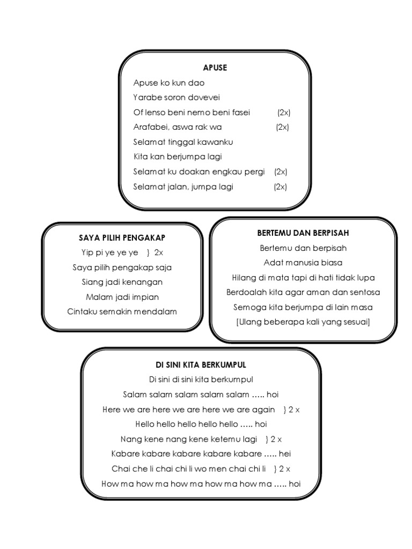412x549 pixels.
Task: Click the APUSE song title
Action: click(x=215, y=68)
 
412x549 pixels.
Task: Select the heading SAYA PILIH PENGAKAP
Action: click(x=122, y=238)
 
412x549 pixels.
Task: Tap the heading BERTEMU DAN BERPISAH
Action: click(x=303, y=233)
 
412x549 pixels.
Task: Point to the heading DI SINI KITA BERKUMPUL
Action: click(x=201, y=365)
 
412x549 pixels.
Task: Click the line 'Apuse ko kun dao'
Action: click(x=169, y=83)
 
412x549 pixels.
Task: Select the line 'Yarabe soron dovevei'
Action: click(x=176, y=98)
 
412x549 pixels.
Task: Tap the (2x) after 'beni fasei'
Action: click(x=284, y=113)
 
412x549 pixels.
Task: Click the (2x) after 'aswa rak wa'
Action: click(x=283, y=127)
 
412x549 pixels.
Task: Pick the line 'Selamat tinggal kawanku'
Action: click(x=183, y=142)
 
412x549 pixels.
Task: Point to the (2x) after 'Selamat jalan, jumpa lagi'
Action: click(x=280, y=187)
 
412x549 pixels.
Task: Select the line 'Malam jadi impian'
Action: click(x=122, y=296)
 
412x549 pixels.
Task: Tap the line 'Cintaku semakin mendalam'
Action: click(x=122, y=311)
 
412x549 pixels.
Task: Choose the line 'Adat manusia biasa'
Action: click(x=303, y=263)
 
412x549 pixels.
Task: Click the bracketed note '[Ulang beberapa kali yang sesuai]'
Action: click(x=303, y=322)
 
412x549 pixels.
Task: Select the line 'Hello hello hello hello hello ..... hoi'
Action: click(x=201, y=424)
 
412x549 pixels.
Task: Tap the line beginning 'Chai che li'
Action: click(x=189, y=469)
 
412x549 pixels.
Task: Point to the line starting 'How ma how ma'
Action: click(x=201, y=484)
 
